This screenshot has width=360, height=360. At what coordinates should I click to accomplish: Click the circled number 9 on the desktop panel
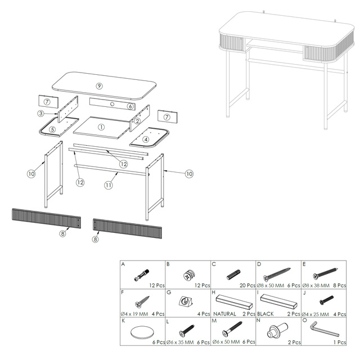(x=99, y=86)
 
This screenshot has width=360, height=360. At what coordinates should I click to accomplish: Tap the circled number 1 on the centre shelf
(x=101, y=127)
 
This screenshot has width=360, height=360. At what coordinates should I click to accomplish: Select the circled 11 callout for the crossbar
(x=109, y=185)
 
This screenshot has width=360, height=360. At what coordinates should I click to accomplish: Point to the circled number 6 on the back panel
(x=130, y=106)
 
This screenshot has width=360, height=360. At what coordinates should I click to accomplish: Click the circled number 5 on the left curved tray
(x=52, y=129)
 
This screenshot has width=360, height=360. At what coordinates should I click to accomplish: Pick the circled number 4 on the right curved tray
(x=146, y=139)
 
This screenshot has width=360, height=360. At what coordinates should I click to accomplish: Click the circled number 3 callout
(x=41, y=113)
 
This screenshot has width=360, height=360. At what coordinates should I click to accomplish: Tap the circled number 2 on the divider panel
(x=137, y=121)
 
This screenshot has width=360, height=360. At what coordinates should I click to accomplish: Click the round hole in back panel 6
(x=112, y=104)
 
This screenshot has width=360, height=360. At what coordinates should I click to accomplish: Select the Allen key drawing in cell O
(x=323, y=329)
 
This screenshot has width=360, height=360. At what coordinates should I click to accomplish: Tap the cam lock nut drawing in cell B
(x=190, y=275)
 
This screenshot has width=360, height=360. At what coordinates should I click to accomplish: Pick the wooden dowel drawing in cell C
(x=233, y=274)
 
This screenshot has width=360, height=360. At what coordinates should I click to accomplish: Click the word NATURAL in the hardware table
(x=224, y=314)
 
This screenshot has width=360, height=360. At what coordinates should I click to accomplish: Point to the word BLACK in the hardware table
(x=265, y=314)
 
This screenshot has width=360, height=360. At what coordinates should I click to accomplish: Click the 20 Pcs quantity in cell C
(x=247, y=285)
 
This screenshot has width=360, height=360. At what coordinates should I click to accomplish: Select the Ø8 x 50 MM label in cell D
(x=271, y=285)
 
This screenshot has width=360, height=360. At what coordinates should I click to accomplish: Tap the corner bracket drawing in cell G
(x=186, y=301)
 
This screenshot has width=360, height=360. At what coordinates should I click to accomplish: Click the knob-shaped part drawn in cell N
(x=277, y=330)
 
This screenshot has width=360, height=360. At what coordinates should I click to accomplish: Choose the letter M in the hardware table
(x=214, y=321)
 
